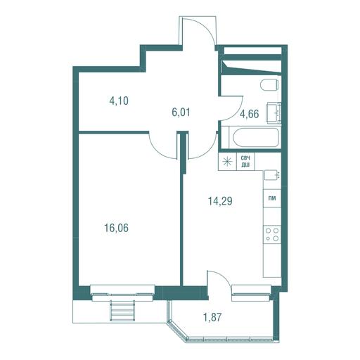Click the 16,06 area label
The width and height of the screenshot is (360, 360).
117,228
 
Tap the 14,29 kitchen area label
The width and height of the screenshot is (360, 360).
220,201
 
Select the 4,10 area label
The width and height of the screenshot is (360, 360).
119,101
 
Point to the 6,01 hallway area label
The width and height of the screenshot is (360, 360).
181,112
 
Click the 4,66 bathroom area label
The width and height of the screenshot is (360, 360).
249,114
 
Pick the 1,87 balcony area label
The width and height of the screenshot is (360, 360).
212,317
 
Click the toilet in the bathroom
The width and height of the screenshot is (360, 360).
269,85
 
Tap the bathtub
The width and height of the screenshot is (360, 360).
256,139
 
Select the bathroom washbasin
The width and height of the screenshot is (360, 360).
274,114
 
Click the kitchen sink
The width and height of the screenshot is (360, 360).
272,175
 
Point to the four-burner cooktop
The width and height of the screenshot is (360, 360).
272,234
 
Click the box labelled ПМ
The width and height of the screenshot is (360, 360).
272,198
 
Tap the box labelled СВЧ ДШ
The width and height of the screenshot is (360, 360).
245,162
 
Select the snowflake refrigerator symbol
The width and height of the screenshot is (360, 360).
227,162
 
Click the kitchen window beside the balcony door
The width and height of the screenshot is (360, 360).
252,293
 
